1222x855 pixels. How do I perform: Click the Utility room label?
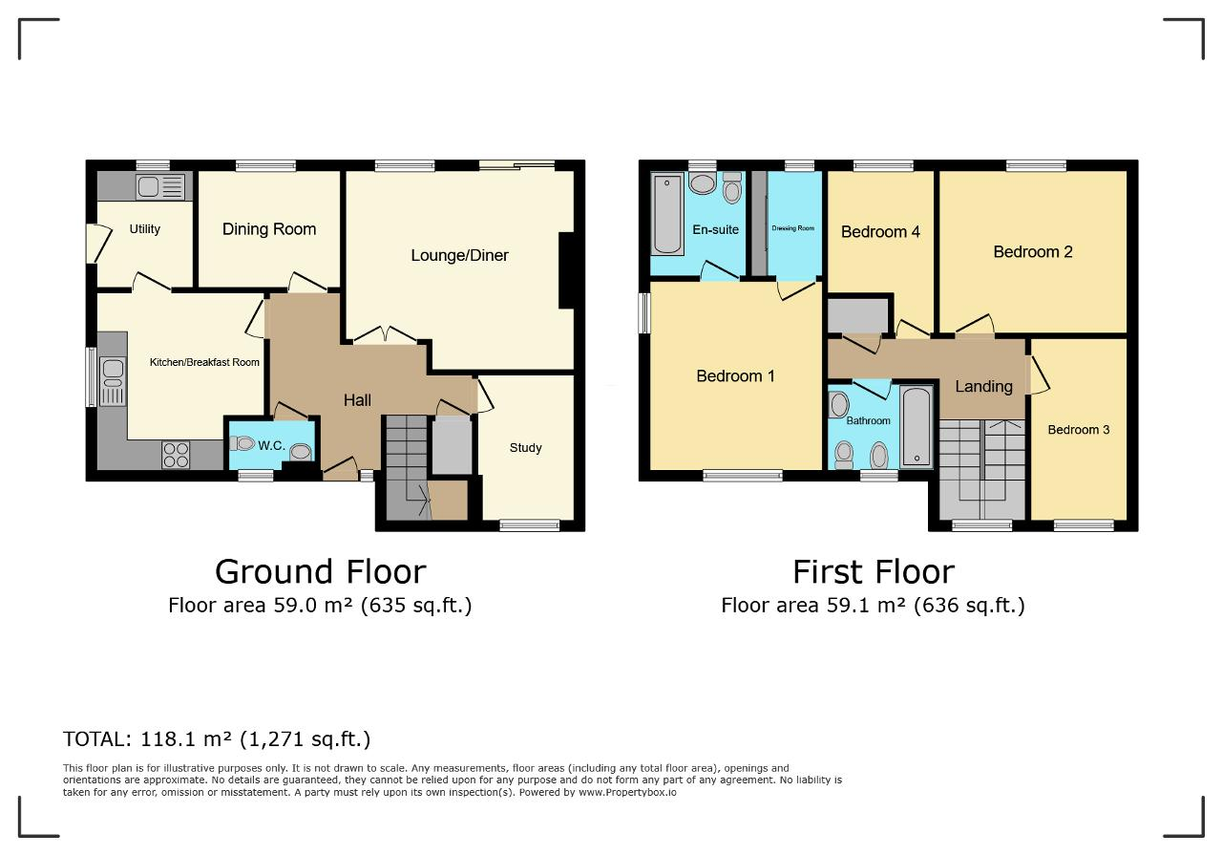point(144,229)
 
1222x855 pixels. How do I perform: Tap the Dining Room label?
point(269,229)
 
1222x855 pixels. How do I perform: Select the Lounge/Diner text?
point(459,255)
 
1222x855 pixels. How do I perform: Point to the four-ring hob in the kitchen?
point(176,455)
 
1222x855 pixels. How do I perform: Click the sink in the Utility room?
point(159,187)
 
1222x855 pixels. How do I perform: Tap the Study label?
point(525,448)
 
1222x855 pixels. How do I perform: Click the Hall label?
point(357,400)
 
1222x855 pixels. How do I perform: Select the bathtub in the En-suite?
point(666,214)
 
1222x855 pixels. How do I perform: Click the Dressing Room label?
point(792,228)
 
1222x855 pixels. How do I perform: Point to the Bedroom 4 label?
point(880,232)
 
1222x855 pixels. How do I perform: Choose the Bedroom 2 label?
point(1033,252)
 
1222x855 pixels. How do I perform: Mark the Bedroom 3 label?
point(1079,430)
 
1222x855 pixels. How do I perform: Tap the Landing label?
point(983,387)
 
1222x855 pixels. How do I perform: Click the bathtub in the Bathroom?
point(916,427)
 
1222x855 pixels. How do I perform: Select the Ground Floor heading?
point(320,572)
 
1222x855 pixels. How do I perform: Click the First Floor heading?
point(874,572)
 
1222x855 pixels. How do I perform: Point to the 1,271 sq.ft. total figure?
point(309,739)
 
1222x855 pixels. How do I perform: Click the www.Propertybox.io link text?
point(627,792)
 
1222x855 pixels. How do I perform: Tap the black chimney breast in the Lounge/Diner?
point(567,270)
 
